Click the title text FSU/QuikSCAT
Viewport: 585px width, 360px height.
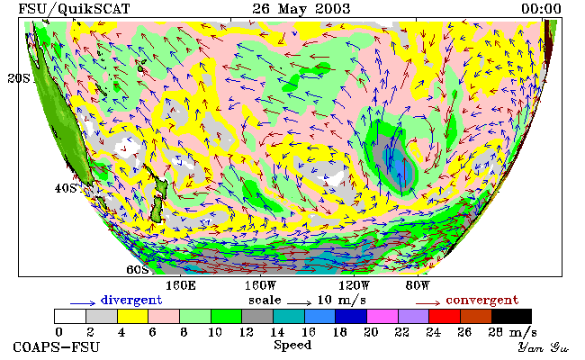(74, 9)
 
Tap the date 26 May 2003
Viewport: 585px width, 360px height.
(301, 9)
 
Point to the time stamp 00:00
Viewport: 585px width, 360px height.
(541, 9)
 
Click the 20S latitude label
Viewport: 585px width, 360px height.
(19, 78)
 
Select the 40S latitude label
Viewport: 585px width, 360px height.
(66, 188)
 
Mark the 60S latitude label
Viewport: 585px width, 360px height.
(138, 269)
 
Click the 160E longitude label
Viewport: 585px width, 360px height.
(181, 286)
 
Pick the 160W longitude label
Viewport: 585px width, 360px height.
(260, 286)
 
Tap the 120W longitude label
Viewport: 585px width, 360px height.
(354, 286)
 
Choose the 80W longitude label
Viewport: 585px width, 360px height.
(418, 286)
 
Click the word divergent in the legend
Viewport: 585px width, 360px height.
(131, 301)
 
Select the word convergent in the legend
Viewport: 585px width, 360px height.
(482, 301)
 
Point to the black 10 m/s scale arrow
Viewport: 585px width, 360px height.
(299, 302)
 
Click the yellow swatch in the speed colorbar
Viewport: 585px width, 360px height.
(133, 316)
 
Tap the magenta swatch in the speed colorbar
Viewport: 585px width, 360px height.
(382, 316)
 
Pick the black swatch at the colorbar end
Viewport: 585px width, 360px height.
(511, 316)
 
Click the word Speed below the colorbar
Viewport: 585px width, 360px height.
(292, 345)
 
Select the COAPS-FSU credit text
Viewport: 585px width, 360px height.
(57, 347)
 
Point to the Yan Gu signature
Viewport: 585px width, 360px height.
(543, 347)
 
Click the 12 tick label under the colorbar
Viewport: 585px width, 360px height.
(246, 332)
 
